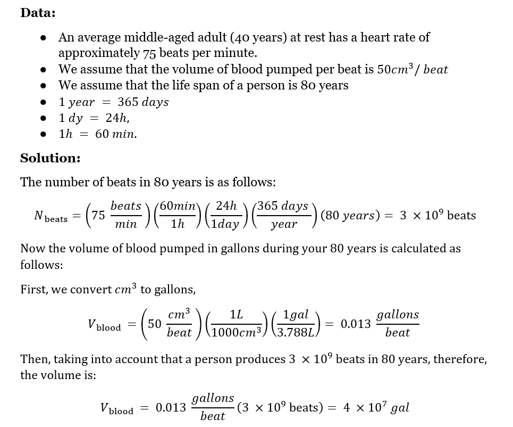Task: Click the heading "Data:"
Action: pyautogui.click(x=38, y=13)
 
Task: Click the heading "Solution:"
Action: pyautogui.click(x=51, y=158)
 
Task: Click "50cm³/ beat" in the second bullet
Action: pyautogui.click(x=413, y=69)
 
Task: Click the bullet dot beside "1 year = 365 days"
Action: pyautogui.click(x=45, y=102)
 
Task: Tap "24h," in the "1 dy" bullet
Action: pyautogui.click(x=117, y=118)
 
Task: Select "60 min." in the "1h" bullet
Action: pyautogui.click(x=116, y=134)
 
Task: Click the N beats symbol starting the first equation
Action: pyautogui.click(x=51, y=216)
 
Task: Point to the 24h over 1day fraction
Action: pyautogui.click(x=227, y=215)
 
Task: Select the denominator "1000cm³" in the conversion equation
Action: pyautogui.click(x=237, y=332)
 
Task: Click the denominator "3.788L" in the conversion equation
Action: pyautogui.click(x=297, y=332)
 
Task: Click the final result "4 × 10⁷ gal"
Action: pyautogui.click(x=376, y=408)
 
